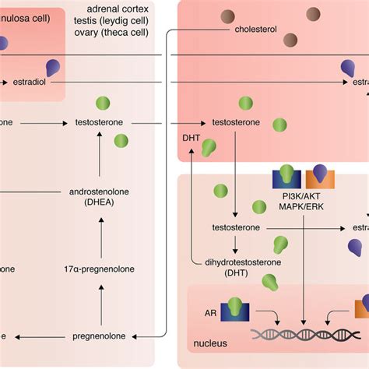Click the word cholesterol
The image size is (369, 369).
tap(255, 30)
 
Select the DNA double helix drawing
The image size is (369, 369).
tap(304, 335)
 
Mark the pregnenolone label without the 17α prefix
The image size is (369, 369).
tap(99, 336)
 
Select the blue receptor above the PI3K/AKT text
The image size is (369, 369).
tap(286, 177)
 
